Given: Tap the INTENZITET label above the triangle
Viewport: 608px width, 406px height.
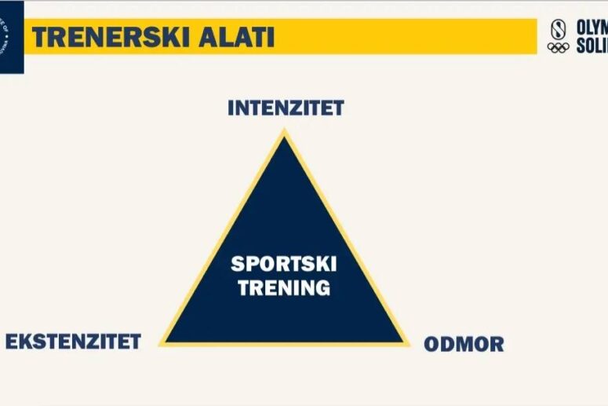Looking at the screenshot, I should pos(286,108).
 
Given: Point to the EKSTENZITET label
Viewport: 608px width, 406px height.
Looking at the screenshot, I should pos(74,342).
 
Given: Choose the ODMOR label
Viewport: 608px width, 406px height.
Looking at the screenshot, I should pos(464,344).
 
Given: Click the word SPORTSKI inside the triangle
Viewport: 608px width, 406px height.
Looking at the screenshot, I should pos(284,265).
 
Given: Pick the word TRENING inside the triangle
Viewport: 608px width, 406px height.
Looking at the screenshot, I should pos(284,288).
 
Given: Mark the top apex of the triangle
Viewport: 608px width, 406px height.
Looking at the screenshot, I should pos(285,134).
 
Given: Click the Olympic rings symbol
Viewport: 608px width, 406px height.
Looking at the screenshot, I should pos(558,48).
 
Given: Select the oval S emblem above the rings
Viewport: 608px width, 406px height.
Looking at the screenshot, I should pos(558,28).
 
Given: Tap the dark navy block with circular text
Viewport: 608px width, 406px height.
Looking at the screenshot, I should pos(11,35).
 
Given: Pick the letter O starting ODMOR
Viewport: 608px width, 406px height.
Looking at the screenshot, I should pos(432,344).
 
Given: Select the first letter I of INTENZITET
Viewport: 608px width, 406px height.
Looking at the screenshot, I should pos(231,108).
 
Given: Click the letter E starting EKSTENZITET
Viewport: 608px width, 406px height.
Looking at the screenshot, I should pos(12,342).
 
